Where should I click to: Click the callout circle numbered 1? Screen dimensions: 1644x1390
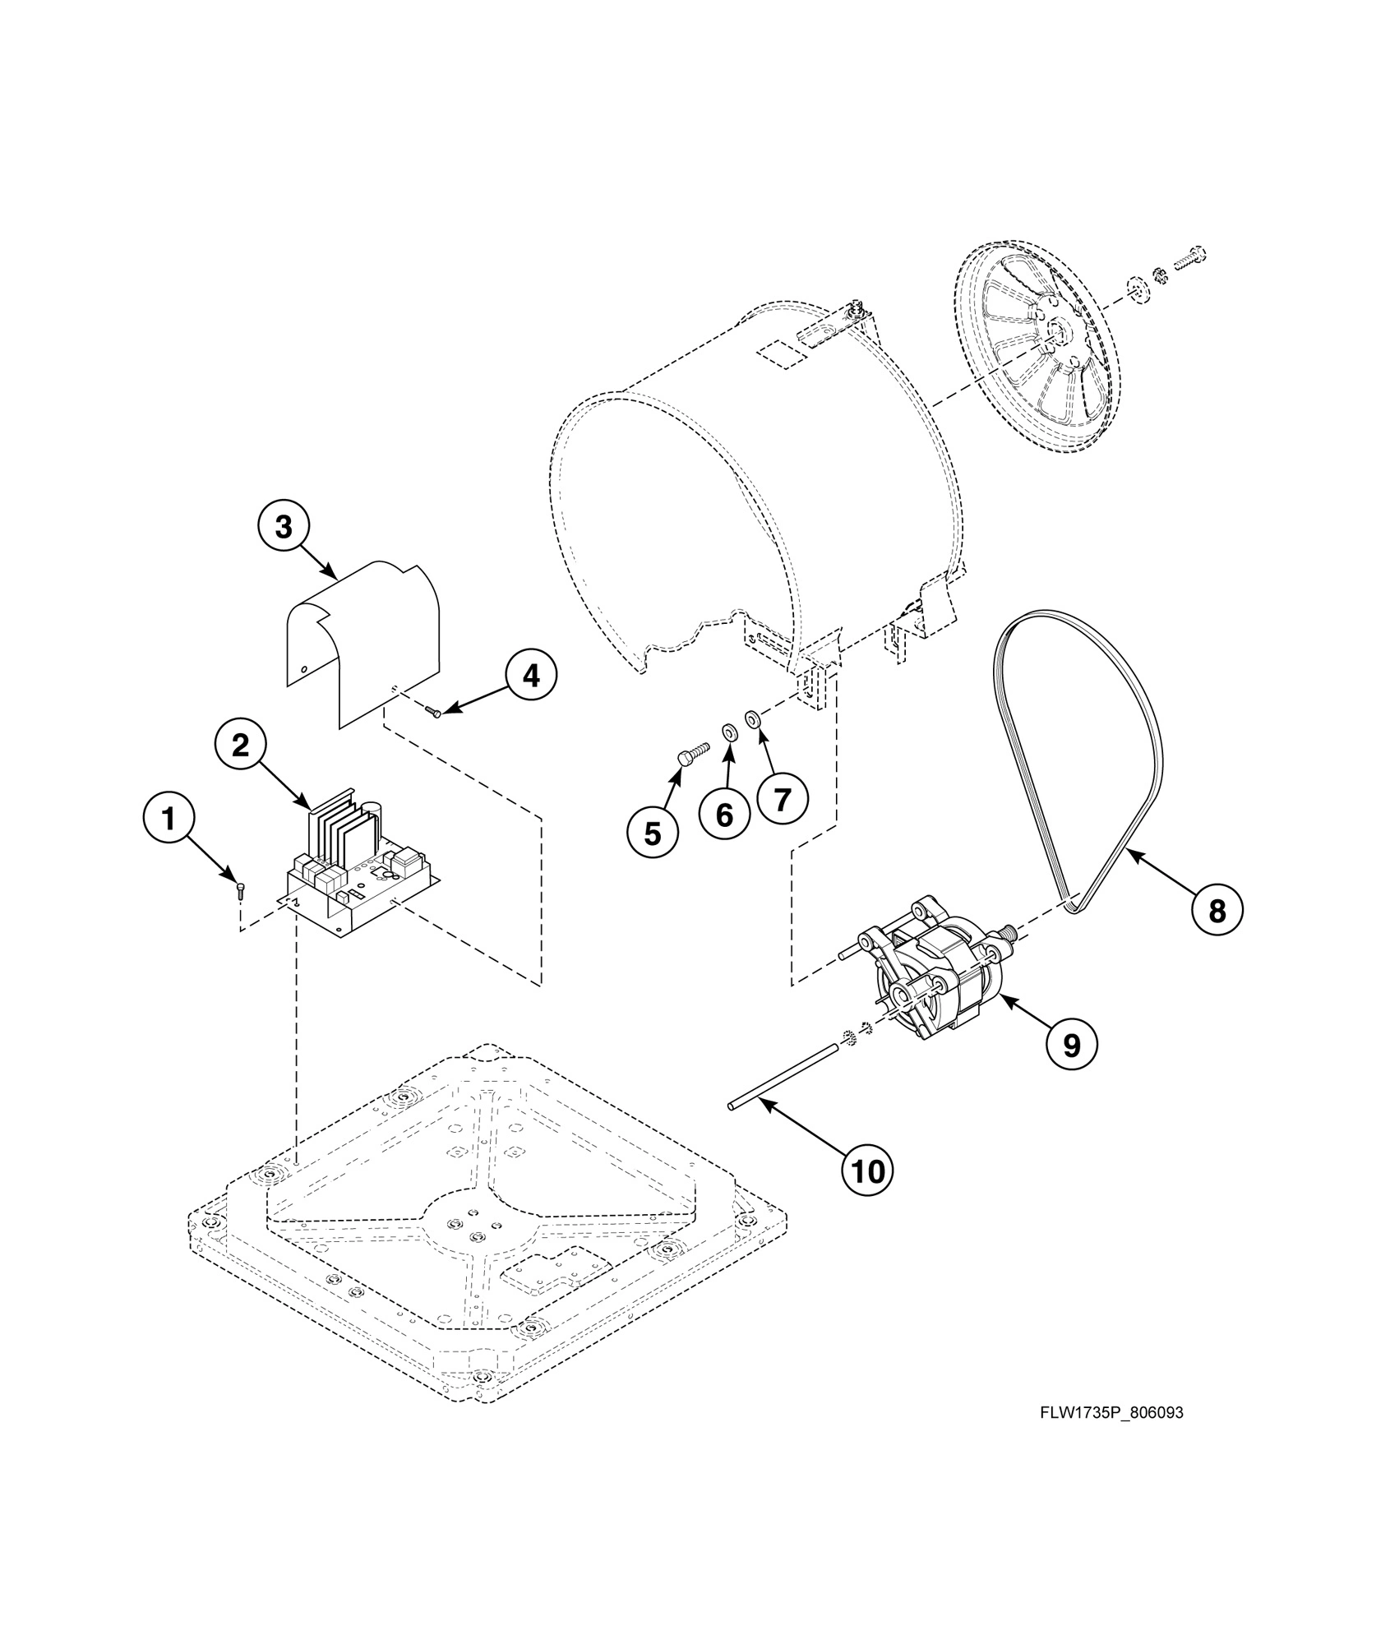point(169,820)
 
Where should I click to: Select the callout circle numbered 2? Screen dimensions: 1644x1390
point(241,746)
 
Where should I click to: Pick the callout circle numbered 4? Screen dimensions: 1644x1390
point(531,676)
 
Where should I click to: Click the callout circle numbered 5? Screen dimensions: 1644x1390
point(652,834)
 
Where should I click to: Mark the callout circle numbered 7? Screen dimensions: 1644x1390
point(782,797)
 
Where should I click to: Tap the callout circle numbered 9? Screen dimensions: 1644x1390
point(1072,1045)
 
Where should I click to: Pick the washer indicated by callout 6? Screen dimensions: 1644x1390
point(729,732)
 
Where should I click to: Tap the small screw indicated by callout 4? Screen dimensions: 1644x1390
point(433,711)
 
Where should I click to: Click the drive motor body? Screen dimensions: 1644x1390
point(945,982)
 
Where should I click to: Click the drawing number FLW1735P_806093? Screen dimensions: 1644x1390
point(1111,1414)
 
